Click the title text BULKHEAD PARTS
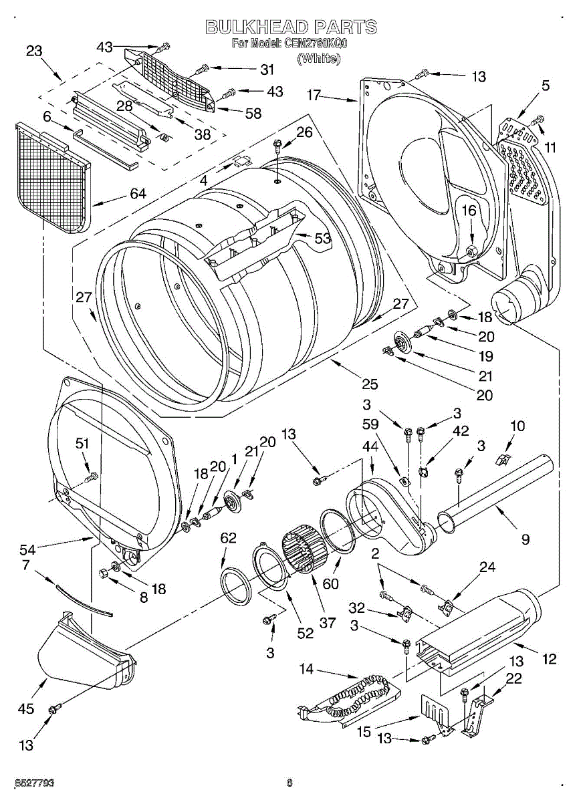click(x=291, y=27)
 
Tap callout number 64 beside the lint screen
click(x=138, y=194)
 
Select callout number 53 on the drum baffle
click(x=322, y=239)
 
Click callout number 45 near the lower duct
click(x=26, y=708)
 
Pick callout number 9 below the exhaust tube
click(x=525, y=539)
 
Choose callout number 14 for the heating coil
click(x=306, y=669)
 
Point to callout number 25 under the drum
click(x=369, y=384)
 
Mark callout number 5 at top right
click(x=546, y=85)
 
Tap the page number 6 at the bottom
click(x=289, y=783)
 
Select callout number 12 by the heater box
click(x=549, y=659)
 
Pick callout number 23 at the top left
click(x=34, y=50)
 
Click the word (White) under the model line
click(x=319, y=58)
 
